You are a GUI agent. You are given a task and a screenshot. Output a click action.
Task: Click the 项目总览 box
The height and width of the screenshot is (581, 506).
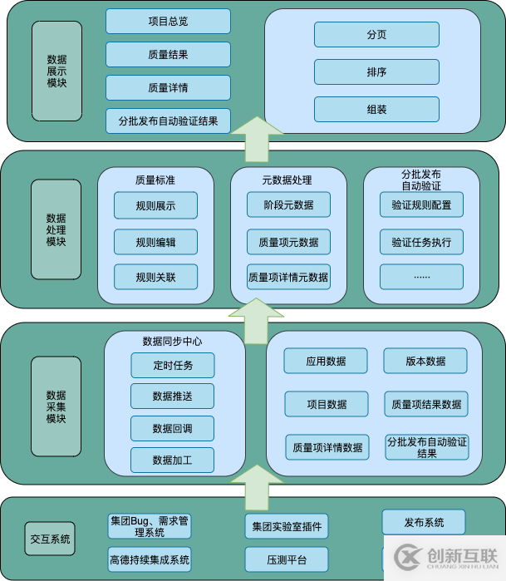(x=168, y=22)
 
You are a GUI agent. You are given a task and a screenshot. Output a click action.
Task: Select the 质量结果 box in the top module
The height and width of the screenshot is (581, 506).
(x=168, y=55)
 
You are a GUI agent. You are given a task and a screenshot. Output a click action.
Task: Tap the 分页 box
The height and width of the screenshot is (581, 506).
(x=376, y=35)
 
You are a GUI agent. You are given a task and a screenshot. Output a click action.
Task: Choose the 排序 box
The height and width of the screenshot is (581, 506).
(x=376, y=72)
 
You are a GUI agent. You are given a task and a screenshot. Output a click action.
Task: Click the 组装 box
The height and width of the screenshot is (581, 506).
(x=376, y=110)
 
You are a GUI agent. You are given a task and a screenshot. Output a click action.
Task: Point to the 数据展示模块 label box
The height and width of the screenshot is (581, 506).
(x=56, y=71)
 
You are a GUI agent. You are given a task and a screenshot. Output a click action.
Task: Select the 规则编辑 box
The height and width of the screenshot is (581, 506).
(x=155, y=243)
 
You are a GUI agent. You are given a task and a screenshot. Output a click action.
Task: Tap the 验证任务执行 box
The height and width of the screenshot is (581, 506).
(x=421, y=243)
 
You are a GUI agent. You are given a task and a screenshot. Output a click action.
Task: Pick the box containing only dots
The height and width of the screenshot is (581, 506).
(x=421, y=277)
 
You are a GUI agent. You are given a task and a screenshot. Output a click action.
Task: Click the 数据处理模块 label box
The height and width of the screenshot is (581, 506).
(x=56, y=229)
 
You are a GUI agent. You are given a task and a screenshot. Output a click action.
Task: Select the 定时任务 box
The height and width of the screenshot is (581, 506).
(x=172, y=365)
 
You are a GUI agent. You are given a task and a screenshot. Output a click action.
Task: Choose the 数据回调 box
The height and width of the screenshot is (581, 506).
(x=172, y=429)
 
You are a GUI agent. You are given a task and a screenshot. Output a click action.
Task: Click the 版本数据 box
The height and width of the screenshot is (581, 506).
(x=425, y=361)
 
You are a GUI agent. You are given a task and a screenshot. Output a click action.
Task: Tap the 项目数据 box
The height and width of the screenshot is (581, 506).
(x=326, y=404)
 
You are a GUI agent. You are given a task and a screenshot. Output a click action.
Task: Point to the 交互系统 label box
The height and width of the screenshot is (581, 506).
(x=50, y=539)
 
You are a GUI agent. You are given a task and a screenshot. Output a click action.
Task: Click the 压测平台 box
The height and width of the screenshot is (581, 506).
(x=286, y=559)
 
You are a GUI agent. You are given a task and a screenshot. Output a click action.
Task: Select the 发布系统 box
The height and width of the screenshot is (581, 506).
(x=424, y=523)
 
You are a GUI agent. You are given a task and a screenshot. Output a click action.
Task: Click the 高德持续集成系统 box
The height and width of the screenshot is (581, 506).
(x=150, y=559)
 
